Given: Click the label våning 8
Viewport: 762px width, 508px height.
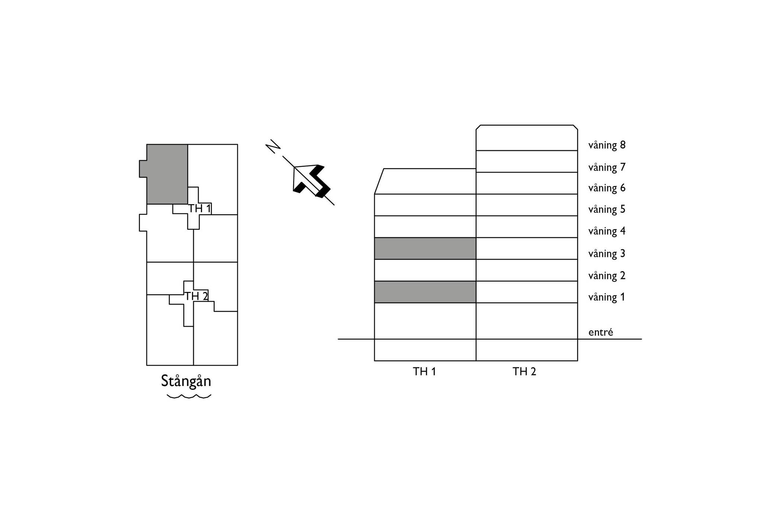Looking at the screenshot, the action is (607, 145).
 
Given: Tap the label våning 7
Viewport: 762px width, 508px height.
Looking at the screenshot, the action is (607, 167).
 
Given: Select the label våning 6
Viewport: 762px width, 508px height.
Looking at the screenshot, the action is (607, 188).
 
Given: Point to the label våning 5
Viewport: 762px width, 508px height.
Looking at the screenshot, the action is (607, 209).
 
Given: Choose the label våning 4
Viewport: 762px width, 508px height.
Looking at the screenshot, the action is (607, 231).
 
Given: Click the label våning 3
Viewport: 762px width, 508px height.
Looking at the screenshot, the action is (607, 254).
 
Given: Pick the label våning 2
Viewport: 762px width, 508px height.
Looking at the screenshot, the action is (607, 276).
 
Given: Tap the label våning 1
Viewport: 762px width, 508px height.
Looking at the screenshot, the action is (607, 297).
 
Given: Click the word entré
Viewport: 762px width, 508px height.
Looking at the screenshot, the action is (601, 332).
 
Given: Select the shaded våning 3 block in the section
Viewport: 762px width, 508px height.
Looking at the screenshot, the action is (425, 248).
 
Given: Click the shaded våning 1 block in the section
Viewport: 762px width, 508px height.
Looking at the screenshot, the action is (425, 292).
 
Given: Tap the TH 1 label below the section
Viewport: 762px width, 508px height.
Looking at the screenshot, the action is (424, 372).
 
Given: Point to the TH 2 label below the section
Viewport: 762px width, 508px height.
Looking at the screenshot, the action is (524, 372).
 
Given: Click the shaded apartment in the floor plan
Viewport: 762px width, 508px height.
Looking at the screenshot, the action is (167, 174).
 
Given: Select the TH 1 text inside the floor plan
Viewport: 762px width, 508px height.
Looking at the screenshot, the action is (200, 209).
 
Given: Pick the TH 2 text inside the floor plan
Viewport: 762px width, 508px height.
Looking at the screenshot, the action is (196, 296).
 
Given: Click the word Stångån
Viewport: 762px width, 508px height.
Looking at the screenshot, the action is (186, 382).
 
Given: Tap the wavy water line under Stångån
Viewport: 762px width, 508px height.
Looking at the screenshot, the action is (189, 396).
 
